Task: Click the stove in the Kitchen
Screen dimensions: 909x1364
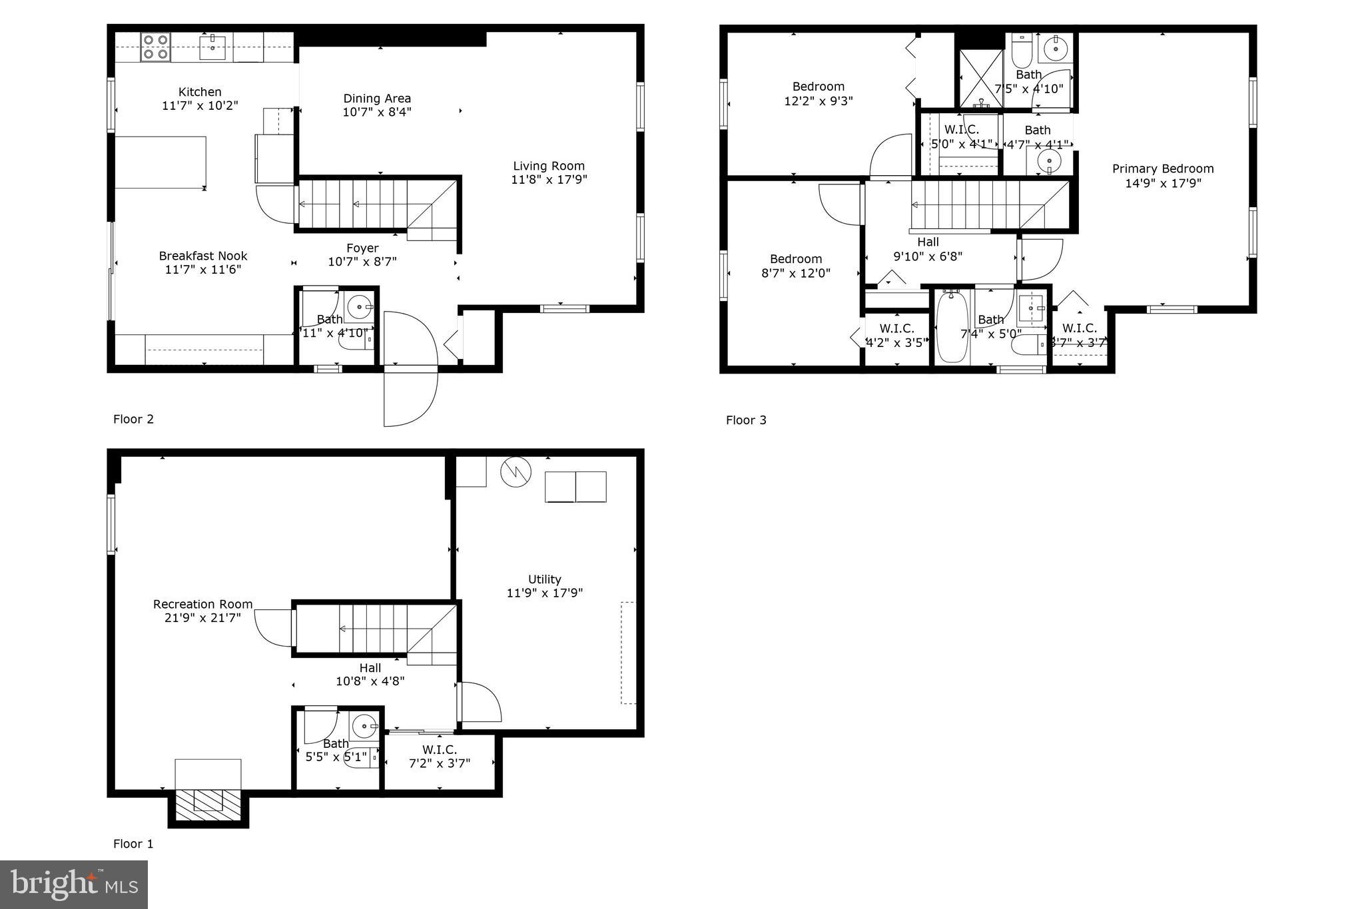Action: (x=155, y=47)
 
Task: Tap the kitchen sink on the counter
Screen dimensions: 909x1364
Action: (x=212, y=47)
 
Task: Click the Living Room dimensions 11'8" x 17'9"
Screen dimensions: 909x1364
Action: (x=549, y=180)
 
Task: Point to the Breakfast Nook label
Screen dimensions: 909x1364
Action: (x=203, y=256)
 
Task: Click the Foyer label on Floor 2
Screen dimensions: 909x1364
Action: (x=362, y=248)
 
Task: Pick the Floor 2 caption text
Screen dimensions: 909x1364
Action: (x=133, y=419)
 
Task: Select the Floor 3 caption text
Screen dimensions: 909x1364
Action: (x=746, y=420)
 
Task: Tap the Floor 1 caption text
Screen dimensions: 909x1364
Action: (x=133, y=844)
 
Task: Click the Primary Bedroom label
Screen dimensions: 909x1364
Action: (x=1163, y=169)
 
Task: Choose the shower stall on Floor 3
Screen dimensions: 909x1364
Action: (x=980, y=79)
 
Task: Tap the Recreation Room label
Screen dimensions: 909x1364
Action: (x=203, y=604)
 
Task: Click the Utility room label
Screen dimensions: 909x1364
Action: (x=545, y=579)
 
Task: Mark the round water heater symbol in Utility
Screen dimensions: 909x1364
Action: (x=515, y=471)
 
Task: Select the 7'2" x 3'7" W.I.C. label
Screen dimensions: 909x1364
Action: (x=440, y=757)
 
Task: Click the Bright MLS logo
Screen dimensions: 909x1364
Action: (x=74, y=884)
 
